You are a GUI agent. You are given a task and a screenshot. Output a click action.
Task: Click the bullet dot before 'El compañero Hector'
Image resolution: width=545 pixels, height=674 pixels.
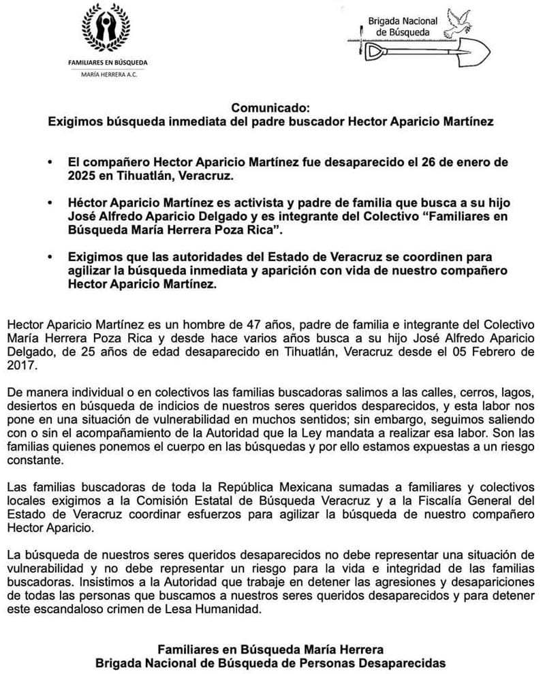click(x=49, y=164)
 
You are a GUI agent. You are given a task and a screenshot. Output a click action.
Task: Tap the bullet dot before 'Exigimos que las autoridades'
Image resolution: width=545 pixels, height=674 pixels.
click(x=49, y=257)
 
